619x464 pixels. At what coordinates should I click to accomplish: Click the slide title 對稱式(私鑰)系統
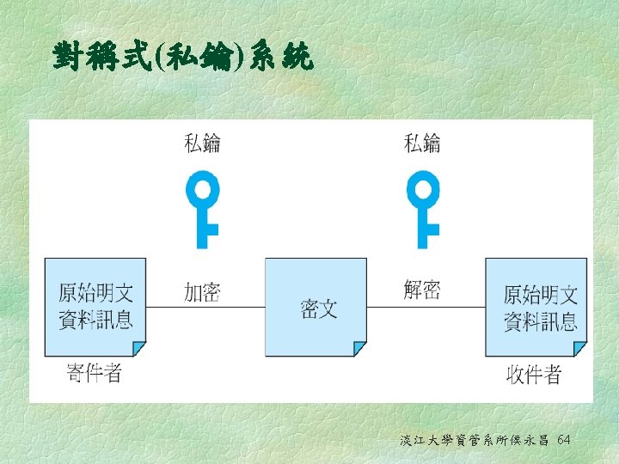pos(182,58)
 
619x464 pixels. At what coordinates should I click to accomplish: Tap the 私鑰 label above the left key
pos(203,143)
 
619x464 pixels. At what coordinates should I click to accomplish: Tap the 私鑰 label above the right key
pos(422,143)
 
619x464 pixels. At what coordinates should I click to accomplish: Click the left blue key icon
pos(204,211)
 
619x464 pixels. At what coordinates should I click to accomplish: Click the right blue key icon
pos(423,211)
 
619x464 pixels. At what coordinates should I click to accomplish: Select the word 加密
pos(202,293)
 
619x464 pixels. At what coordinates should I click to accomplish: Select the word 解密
pos(422,290)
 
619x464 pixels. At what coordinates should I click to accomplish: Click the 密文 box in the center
pos(316,306)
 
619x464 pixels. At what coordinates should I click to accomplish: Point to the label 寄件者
pos(94,373)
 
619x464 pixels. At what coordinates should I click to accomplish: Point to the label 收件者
pos(534,375)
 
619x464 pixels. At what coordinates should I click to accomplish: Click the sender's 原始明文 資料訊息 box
pos(95,306)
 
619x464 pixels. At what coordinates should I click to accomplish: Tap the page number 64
pos(564,440)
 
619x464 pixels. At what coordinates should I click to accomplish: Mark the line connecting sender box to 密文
pos(205,307)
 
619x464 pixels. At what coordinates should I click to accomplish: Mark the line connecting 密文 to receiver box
pos(426,307)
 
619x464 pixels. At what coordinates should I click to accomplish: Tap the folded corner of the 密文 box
pos(359,349)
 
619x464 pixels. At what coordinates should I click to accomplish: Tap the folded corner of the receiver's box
pos(580,349)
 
